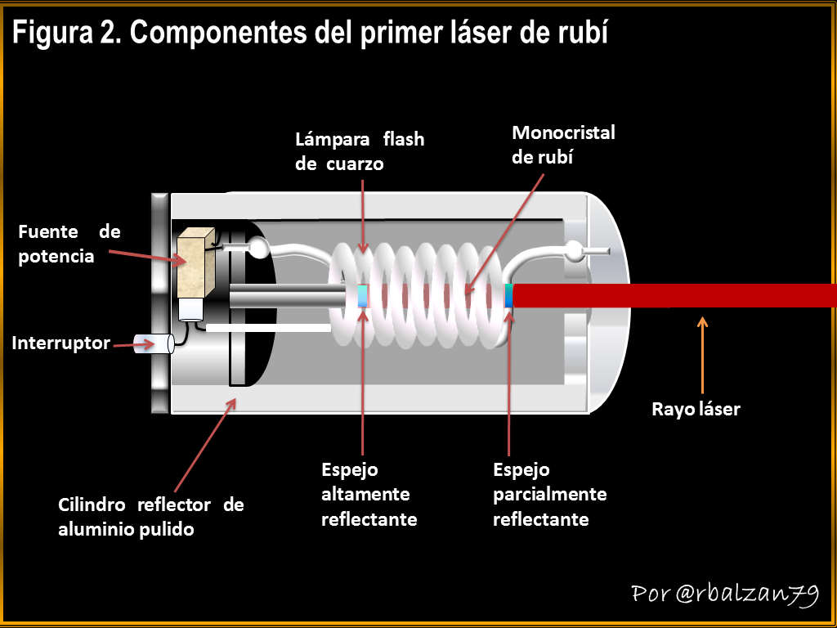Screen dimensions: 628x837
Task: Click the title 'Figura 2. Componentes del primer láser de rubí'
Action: point(310,34)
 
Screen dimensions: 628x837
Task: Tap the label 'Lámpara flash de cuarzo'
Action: point(360,151)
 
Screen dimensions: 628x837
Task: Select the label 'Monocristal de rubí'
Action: point(563,145)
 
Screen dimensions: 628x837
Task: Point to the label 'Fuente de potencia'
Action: point(69,244)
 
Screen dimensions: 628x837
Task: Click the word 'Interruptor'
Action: point(60,343)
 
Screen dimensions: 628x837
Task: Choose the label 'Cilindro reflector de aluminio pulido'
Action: point(150,517)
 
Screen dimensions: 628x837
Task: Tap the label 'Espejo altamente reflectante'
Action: point(369,495)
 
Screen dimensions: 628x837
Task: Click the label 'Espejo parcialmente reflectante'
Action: point(549,495)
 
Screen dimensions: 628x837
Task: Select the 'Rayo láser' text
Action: point(696,409)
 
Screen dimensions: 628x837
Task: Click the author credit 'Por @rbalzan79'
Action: point(724,594)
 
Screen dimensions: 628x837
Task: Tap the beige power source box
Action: point(195,262)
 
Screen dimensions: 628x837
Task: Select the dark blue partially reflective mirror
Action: point(509,295)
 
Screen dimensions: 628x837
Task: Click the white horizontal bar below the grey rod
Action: point(268,328)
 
